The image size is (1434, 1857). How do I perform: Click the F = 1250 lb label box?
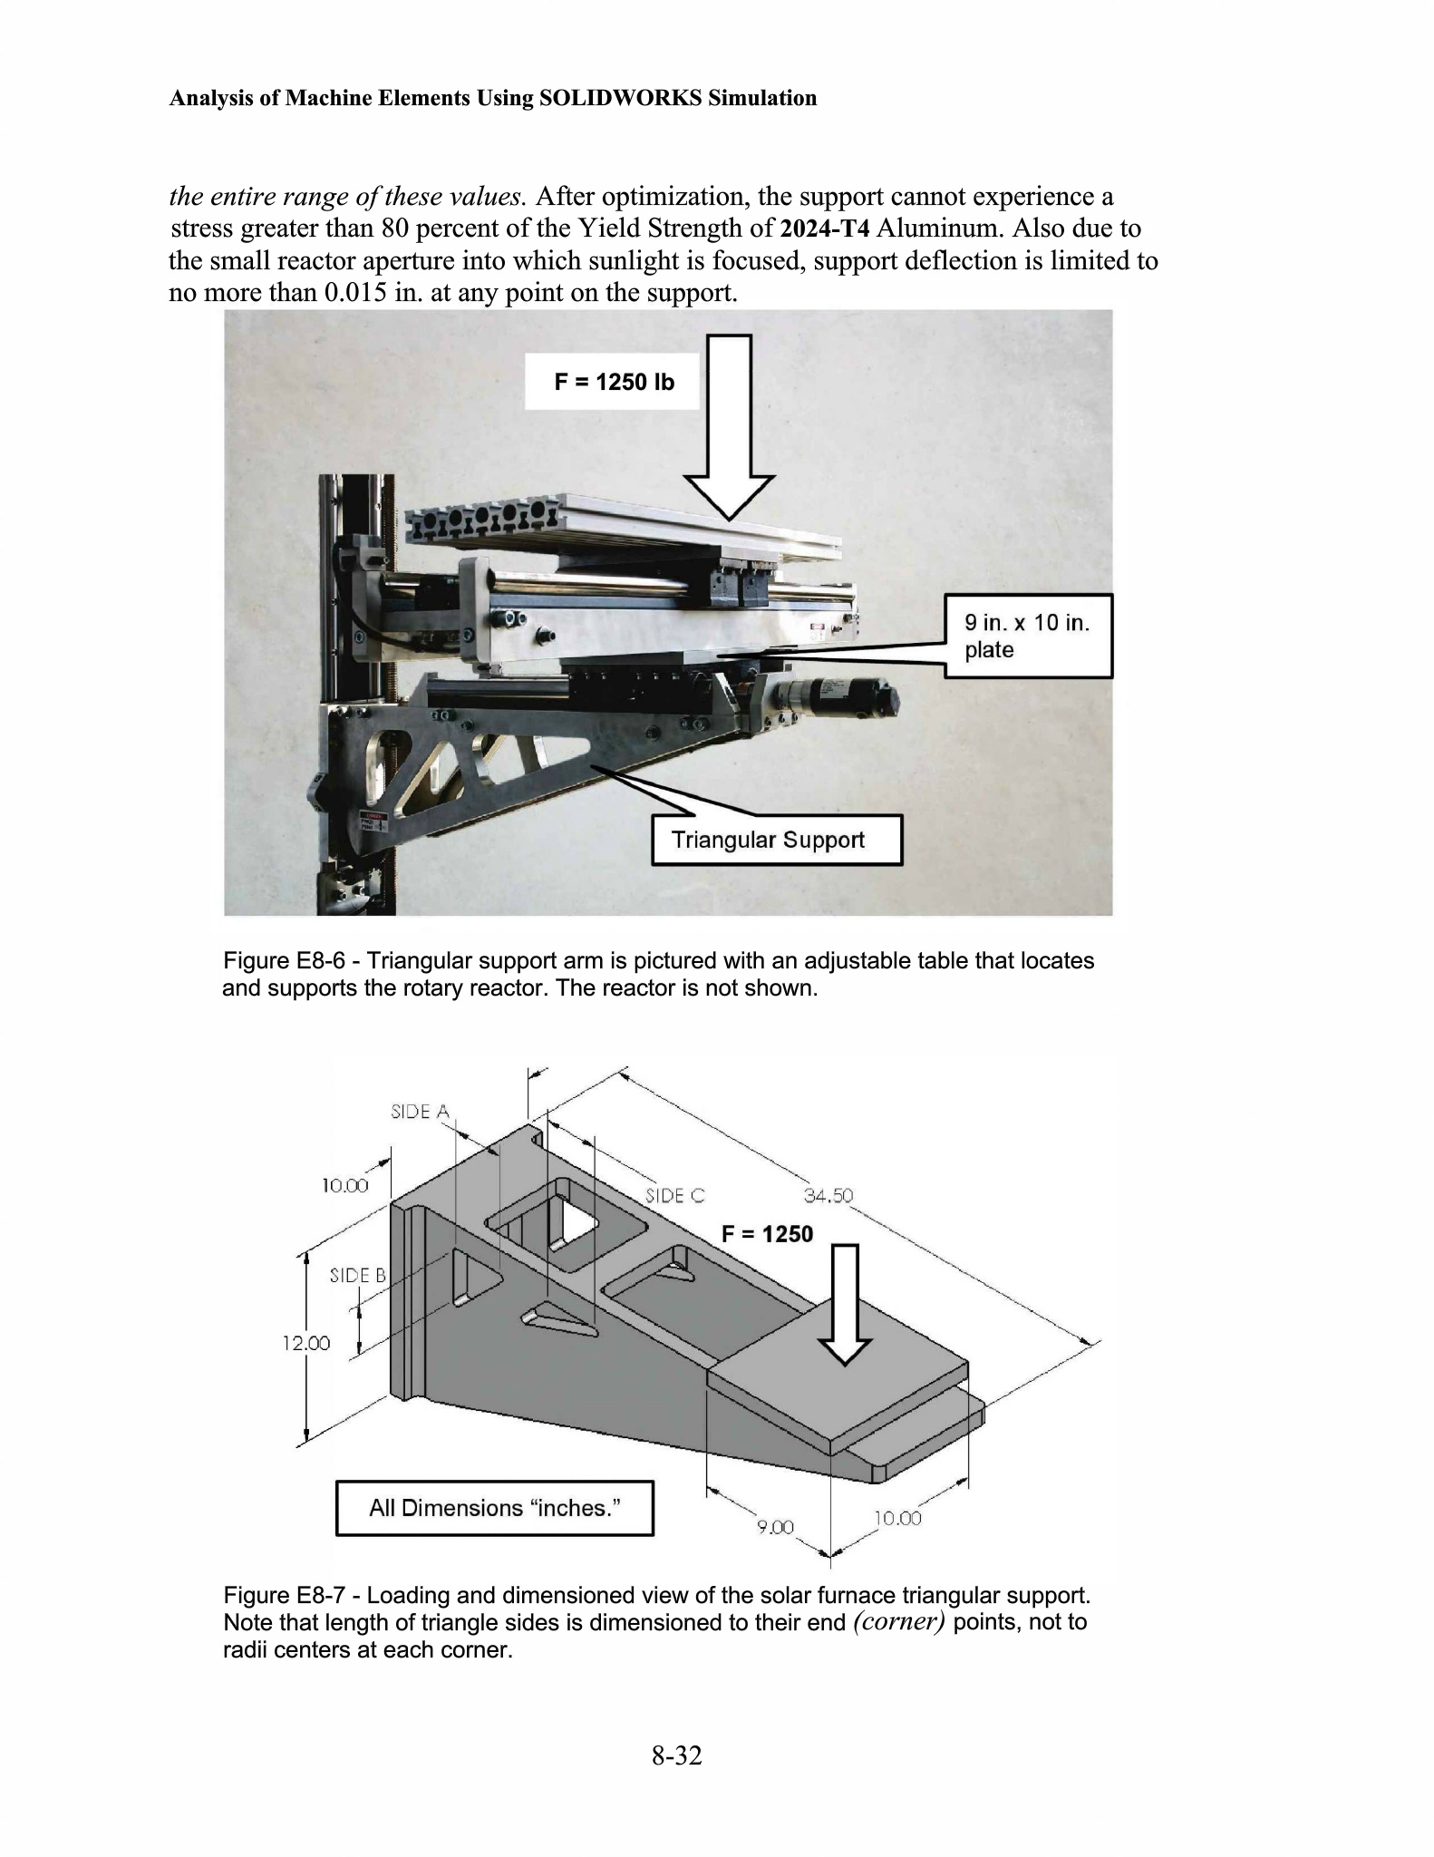pyautogui.click(x=614, y=382)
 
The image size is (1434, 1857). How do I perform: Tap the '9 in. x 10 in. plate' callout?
pyautogui.click(x=1028, y=636)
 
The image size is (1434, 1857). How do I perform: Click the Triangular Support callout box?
pyautogui.click(x=777, y=840)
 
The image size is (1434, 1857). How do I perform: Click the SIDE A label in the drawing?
pyautogui.click(x=420, y=1111)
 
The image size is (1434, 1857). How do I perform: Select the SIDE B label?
pyautogui.click(x=357, y=1275)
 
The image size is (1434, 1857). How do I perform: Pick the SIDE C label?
pyautogui.click(x=674, y=1195)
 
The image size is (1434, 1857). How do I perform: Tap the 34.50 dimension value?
pyautogui.click(x=828, y=1195)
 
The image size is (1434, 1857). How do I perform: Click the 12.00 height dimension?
pyautogui.click(x=306, y=1343)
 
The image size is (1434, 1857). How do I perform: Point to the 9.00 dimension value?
pyautogui.click(x=775, y=1527)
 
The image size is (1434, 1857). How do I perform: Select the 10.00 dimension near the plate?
pyautogui.click(x=897, y=1518)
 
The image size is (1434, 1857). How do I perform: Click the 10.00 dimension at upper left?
pyautogui.click(x=345, y=1185)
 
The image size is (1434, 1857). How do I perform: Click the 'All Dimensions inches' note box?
pyautogui.click(x=494, y=1508)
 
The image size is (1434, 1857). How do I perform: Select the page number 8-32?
pyautogui.click(x=676, y=1755)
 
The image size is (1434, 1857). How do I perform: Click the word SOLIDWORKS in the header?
pyautogui.click(x=620, y=98)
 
